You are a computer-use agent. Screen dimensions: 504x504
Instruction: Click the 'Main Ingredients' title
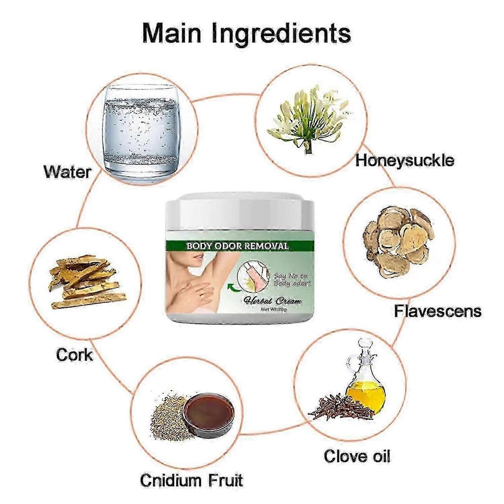coord(247,34)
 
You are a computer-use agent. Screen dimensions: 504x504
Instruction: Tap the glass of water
coord(141,131)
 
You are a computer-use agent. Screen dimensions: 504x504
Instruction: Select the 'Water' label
coord(67,172)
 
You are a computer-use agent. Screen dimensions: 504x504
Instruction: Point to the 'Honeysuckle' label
coord(405,160)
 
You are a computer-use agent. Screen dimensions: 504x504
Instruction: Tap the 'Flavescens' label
coord(438,311)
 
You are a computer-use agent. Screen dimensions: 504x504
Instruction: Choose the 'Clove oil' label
coord(357,456)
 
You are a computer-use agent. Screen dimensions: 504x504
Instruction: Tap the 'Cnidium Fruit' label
coord(191,480)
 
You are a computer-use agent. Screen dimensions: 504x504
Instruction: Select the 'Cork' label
coord(74,354)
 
